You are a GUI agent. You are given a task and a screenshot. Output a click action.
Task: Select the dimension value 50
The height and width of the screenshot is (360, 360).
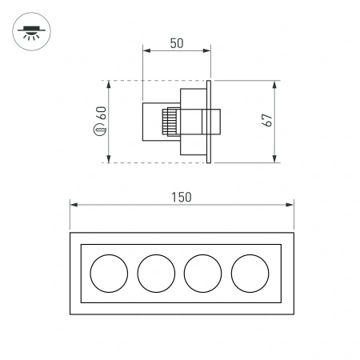coord(177,43)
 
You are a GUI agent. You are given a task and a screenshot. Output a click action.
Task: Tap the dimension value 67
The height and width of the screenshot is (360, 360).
coord(268,120)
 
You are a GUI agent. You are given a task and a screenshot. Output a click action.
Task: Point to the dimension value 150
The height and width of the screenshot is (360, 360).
coord(181,196)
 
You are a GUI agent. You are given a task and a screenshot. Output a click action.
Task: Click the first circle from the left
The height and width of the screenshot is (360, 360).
coord(109,273)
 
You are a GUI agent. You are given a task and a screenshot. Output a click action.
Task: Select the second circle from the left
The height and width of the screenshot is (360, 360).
coord(156,273)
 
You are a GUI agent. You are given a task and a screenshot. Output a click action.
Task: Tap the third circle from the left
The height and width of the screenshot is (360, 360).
coord(203,273)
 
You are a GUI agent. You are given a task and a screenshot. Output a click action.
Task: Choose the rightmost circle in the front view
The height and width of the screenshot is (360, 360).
coord(250,273)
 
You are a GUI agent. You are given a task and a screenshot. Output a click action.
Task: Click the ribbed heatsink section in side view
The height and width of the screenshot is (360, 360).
coord(170,122)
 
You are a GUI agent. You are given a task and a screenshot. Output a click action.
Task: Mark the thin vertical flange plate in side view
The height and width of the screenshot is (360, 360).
coord(209,122)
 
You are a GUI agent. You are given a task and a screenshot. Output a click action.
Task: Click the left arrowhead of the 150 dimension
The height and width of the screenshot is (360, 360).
coord(74,205)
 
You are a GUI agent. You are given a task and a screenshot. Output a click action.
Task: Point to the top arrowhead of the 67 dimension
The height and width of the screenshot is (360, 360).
coord(275,82)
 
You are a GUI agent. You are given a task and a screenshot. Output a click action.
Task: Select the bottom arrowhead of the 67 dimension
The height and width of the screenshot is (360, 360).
coord(275,159)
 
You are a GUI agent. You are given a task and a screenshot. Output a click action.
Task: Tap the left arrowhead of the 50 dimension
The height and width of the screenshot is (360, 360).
coord(146,52)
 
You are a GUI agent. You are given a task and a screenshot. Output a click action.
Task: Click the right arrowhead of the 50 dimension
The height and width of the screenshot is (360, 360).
coord(209,52)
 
